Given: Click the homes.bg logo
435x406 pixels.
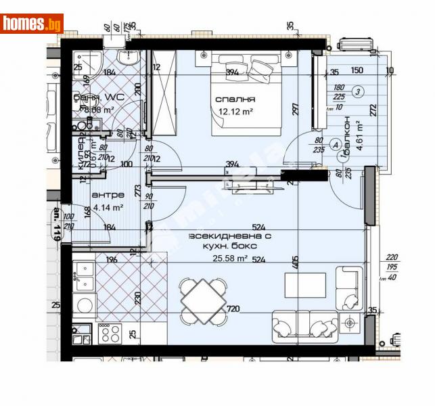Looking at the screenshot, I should tap(32, 23).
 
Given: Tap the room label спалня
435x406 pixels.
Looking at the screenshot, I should tap(231, 100).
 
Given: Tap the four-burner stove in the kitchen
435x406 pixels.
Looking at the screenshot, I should tap(110, 333).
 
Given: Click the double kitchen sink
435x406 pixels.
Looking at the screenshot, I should tap(84, 275).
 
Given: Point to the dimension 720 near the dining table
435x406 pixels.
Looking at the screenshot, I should tap(233, 309).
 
